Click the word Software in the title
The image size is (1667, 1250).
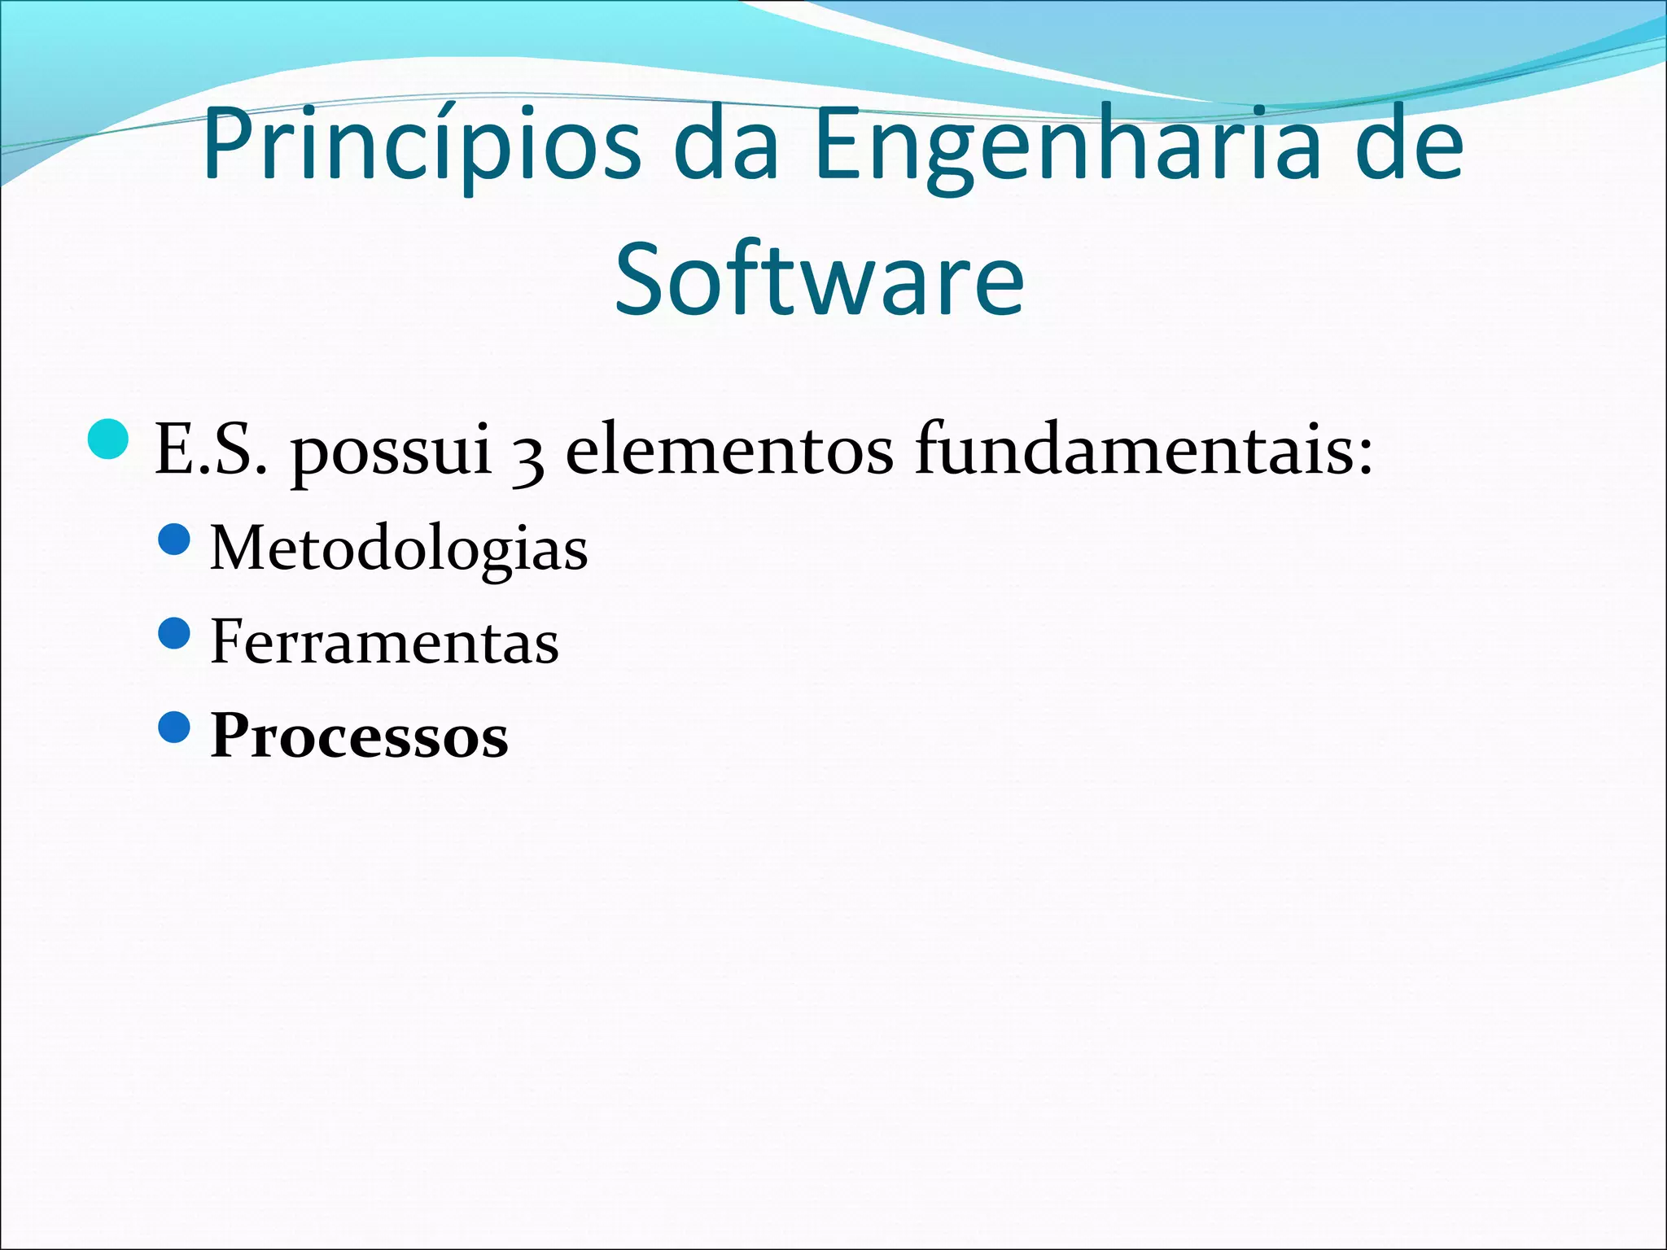coord(819,281)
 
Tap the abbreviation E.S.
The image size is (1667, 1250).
coord(211,449)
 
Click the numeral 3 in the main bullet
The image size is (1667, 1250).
coord(528,456)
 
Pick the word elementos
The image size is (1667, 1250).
coord(729,449)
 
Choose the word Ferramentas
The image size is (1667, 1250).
coord(384,642)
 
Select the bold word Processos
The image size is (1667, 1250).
coord(359,736)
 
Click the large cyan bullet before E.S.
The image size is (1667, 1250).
coord(107,439)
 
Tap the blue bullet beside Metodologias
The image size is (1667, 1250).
coord(174,539)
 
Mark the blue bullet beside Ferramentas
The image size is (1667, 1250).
coord(174,633)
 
